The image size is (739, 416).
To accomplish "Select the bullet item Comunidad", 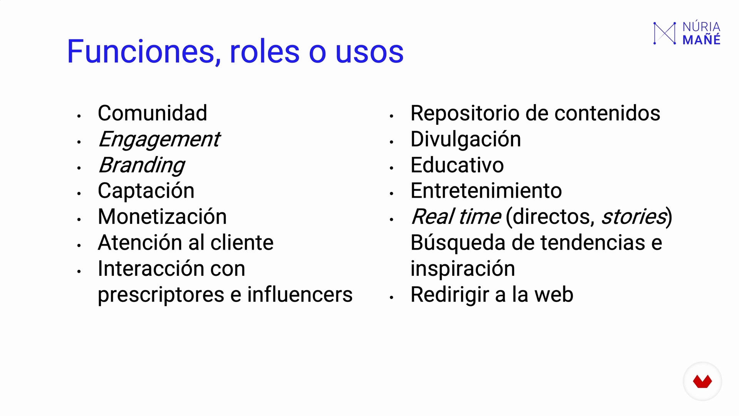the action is pyautogui.click(x=152, y=113).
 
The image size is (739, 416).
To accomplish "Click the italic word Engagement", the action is pyautogui.click(x=159, y=140).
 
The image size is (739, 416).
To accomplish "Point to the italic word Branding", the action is pyautogui.click(x=142, y=166).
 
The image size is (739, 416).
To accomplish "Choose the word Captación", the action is pyautogui.click(x=146, y=191).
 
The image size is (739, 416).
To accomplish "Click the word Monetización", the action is pyautogui.click(x=162, y=216).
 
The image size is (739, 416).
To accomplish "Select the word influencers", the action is pyautogui.click(x=300, y=295).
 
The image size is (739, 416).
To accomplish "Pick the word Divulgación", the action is pyautogui.click(x=466, y=140).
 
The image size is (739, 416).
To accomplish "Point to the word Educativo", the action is pyautogui.click(x=457, y=165).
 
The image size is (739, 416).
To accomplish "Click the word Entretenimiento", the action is pyautogui.click(x=487, y=191).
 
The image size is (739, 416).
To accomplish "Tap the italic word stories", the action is pyautogui.click(x=634, y=216).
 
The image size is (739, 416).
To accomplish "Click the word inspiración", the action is pyautogui.click(x=463, y=269).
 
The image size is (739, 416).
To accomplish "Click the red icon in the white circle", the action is pyautogui.click(x=702, y=381).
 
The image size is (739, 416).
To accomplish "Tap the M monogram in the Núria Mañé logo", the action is pyautogui.click(x=665, y=33).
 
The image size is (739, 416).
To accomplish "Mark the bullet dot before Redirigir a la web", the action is pyautogui.click(x=391, y=297).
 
